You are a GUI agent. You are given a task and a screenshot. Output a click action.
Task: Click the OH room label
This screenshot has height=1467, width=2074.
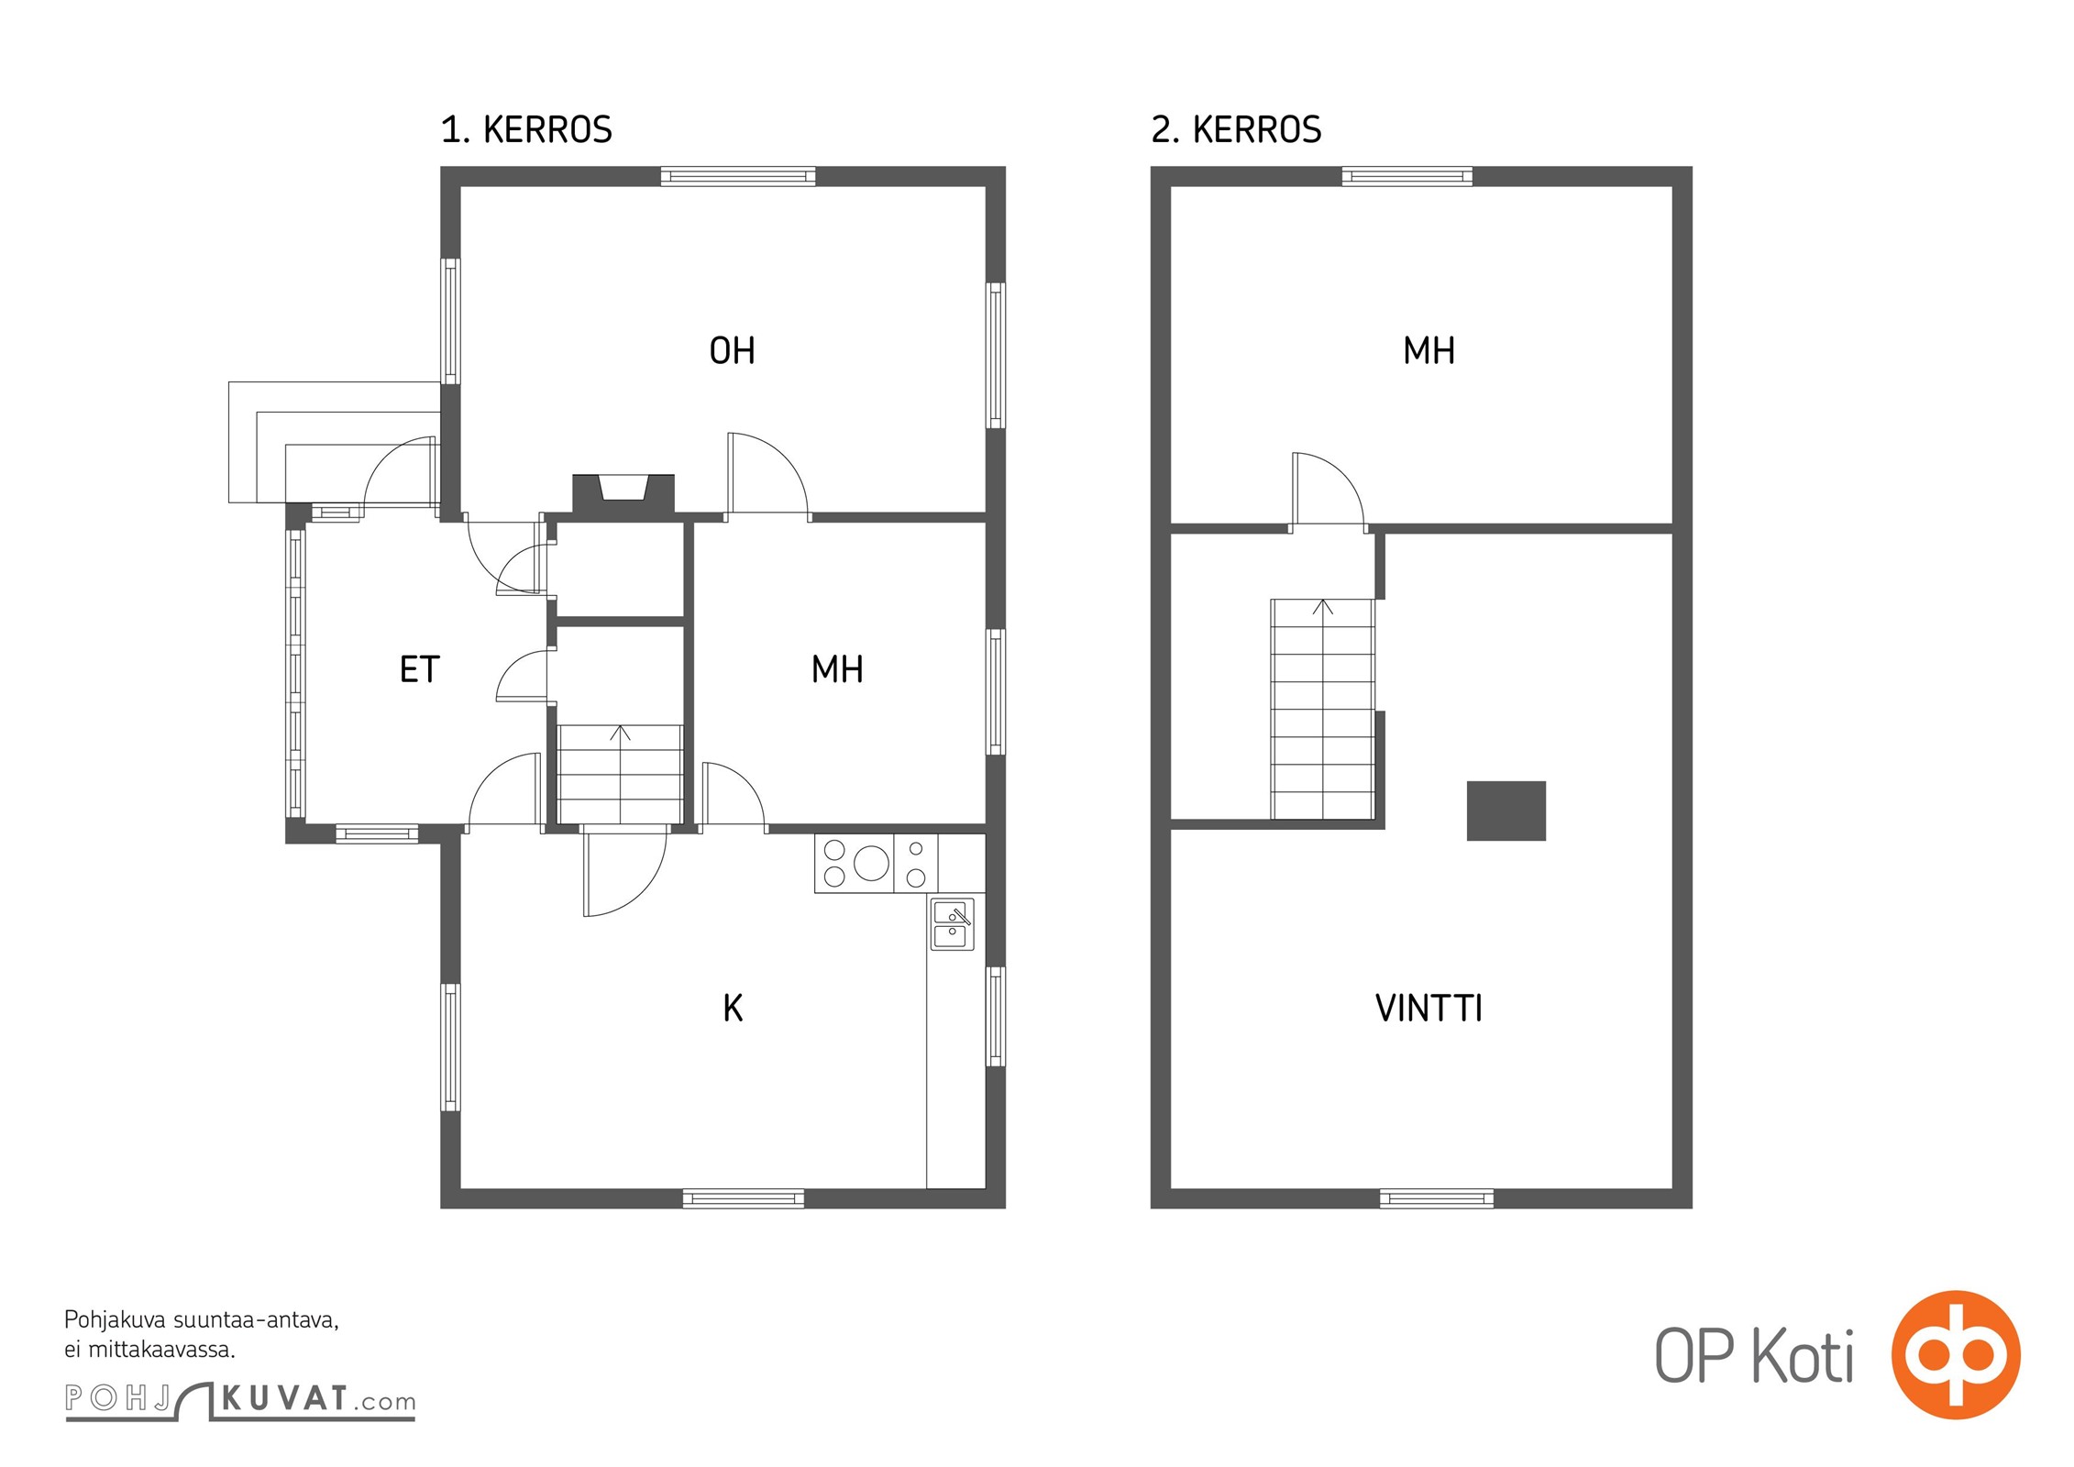[732, 350]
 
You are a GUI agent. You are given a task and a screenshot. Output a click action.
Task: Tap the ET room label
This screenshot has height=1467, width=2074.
[420, 669]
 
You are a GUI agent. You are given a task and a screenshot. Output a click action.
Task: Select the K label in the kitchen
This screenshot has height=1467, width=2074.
[733, 1009]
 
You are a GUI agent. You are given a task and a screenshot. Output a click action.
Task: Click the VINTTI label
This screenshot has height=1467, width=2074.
[1429, 1009]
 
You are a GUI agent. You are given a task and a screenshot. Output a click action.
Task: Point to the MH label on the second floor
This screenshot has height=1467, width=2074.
[1429, 350]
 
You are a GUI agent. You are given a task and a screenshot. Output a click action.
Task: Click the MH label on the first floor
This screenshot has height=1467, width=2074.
[837, 669]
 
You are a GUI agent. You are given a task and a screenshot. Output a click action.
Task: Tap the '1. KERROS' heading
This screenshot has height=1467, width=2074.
[526, 130]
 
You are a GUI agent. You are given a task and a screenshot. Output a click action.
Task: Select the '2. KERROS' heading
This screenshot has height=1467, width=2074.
[1236, 130]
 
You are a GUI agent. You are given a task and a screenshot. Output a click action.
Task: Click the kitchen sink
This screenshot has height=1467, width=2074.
[953, 923]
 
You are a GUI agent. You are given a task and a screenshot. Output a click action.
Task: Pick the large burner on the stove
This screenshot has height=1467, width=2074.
[871, 863]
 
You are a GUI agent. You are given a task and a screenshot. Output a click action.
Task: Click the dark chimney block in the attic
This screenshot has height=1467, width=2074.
[1506, 811]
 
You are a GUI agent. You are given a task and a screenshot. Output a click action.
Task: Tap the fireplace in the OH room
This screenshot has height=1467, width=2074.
[623, 493]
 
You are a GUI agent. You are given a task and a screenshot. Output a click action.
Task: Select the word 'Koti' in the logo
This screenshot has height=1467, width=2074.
[1803, 1355]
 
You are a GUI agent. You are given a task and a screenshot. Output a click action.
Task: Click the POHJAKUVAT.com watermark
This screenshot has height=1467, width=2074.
[240, 1400]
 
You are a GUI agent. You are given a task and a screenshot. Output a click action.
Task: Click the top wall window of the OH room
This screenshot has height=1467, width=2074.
[738, 176]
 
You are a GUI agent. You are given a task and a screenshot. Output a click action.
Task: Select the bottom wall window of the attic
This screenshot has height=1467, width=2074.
[1437, 1198]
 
